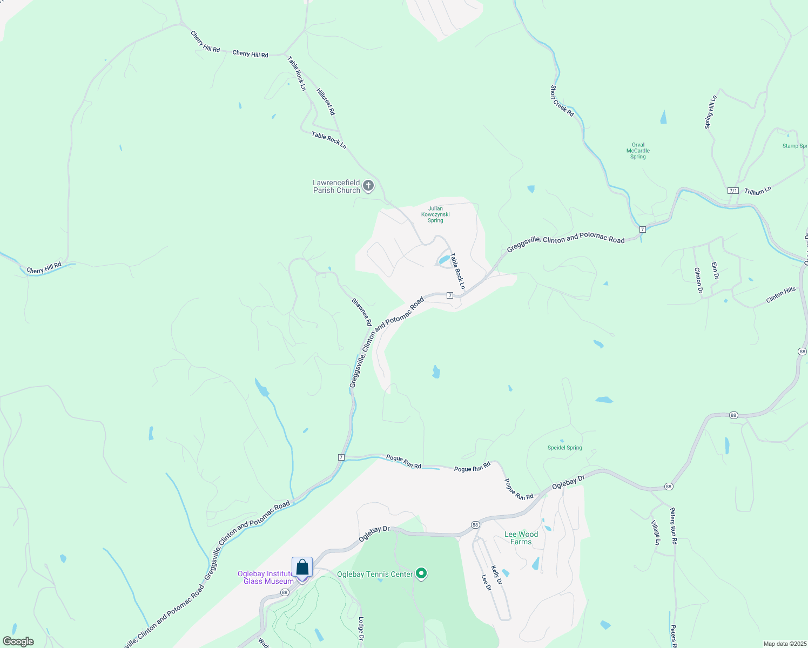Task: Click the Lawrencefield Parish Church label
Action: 336,187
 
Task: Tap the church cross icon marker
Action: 368,186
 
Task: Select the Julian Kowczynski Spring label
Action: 435,214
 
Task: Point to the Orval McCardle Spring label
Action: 638,151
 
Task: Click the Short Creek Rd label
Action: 562,101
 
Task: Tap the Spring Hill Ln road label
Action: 710,112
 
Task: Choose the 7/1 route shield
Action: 733,191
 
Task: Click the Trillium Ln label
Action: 758,191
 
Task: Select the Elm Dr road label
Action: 715,271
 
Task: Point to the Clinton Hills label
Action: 781,295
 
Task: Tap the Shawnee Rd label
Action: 362,312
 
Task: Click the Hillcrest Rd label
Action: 326,102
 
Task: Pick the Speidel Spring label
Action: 564,448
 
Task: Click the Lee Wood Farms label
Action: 521,538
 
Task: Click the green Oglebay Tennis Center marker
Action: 421,573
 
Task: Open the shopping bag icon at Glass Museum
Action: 302,568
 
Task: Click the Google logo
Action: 18,642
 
